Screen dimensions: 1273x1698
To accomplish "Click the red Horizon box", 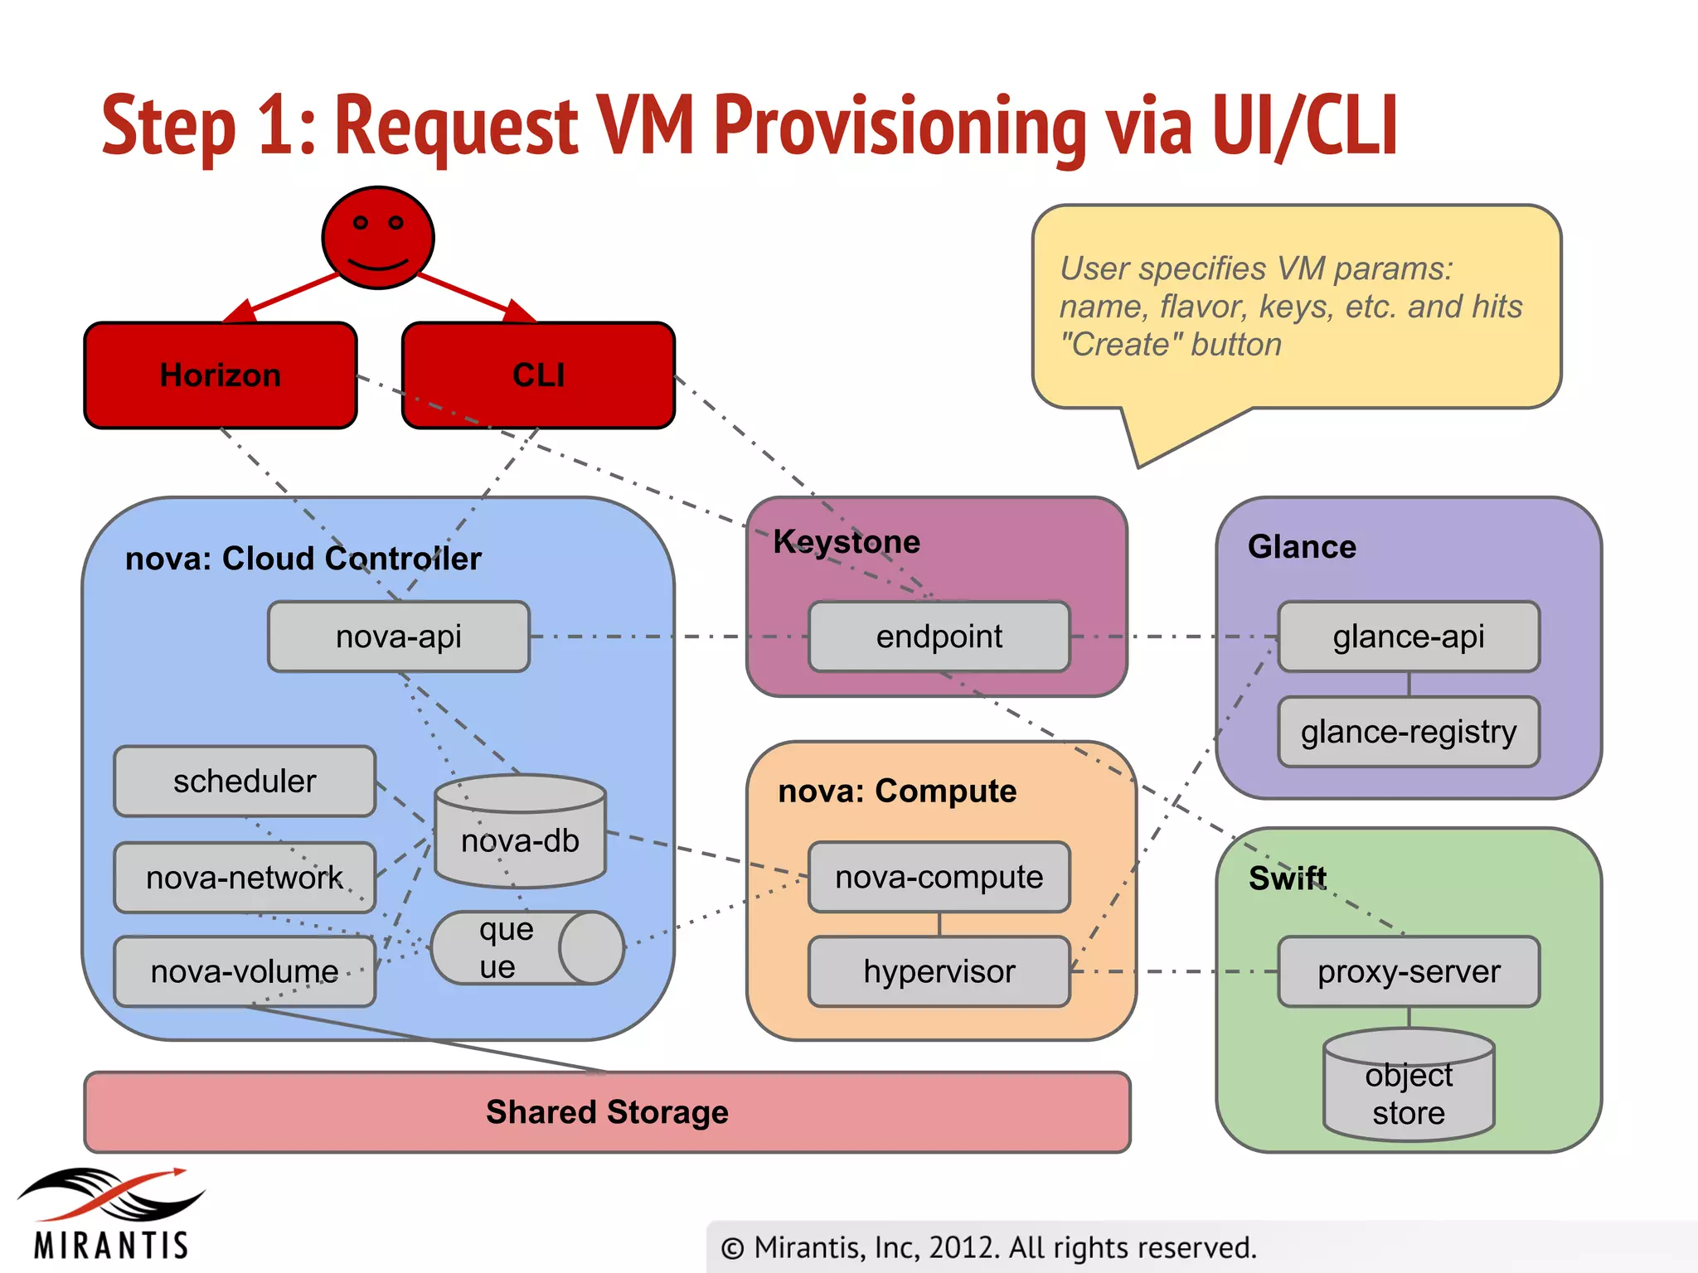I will point(221,375).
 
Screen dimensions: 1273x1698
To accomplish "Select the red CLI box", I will point(538,375).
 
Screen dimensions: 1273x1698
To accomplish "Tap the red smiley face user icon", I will point(378,237).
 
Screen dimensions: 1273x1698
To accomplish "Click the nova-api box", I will point(399,636).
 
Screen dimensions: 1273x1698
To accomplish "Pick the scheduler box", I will point(245,781).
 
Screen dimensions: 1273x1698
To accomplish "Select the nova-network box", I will point(245,878).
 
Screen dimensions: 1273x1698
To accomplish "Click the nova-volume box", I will point(245,971).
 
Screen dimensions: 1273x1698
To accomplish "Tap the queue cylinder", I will point(526,948).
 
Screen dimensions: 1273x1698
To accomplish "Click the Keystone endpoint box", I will point(939,636).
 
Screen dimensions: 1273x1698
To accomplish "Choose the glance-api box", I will point(1409,636).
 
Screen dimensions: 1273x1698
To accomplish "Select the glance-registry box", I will point(1409,732).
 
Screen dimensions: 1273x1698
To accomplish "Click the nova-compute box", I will point(939,877).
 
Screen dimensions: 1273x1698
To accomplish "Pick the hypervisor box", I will point(939,971).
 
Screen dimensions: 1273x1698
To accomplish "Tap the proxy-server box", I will point(1409,971).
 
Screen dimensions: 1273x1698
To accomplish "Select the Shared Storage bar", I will point(607,1112).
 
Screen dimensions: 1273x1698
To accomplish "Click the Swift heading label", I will point(1287,879).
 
